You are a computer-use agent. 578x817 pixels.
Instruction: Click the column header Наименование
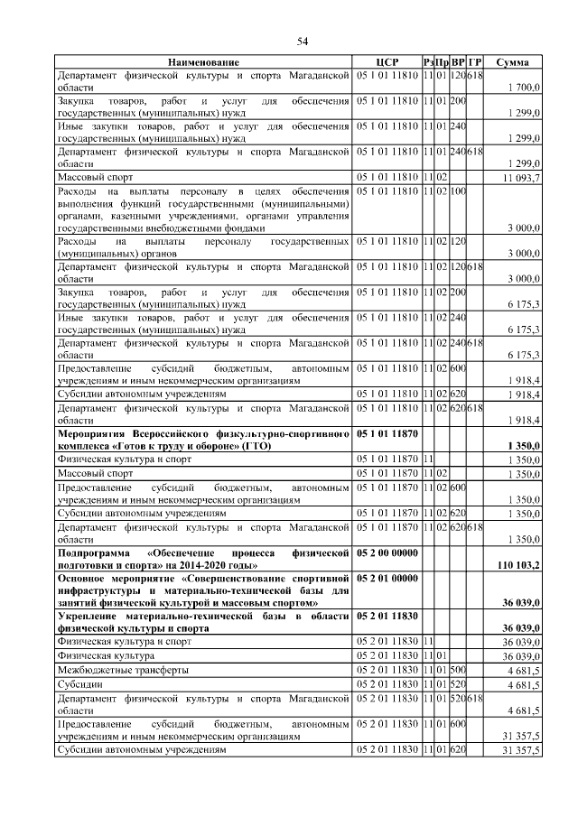pos(204,61)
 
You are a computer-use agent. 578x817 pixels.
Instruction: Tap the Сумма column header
pos(513,61)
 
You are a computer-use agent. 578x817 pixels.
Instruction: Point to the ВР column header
pos(458,61)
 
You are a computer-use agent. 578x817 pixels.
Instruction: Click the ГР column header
pos(475,61)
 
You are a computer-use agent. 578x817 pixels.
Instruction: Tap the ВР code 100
pos(458,191)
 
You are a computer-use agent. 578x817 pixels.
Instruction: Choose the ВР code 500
pos(458,671)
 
